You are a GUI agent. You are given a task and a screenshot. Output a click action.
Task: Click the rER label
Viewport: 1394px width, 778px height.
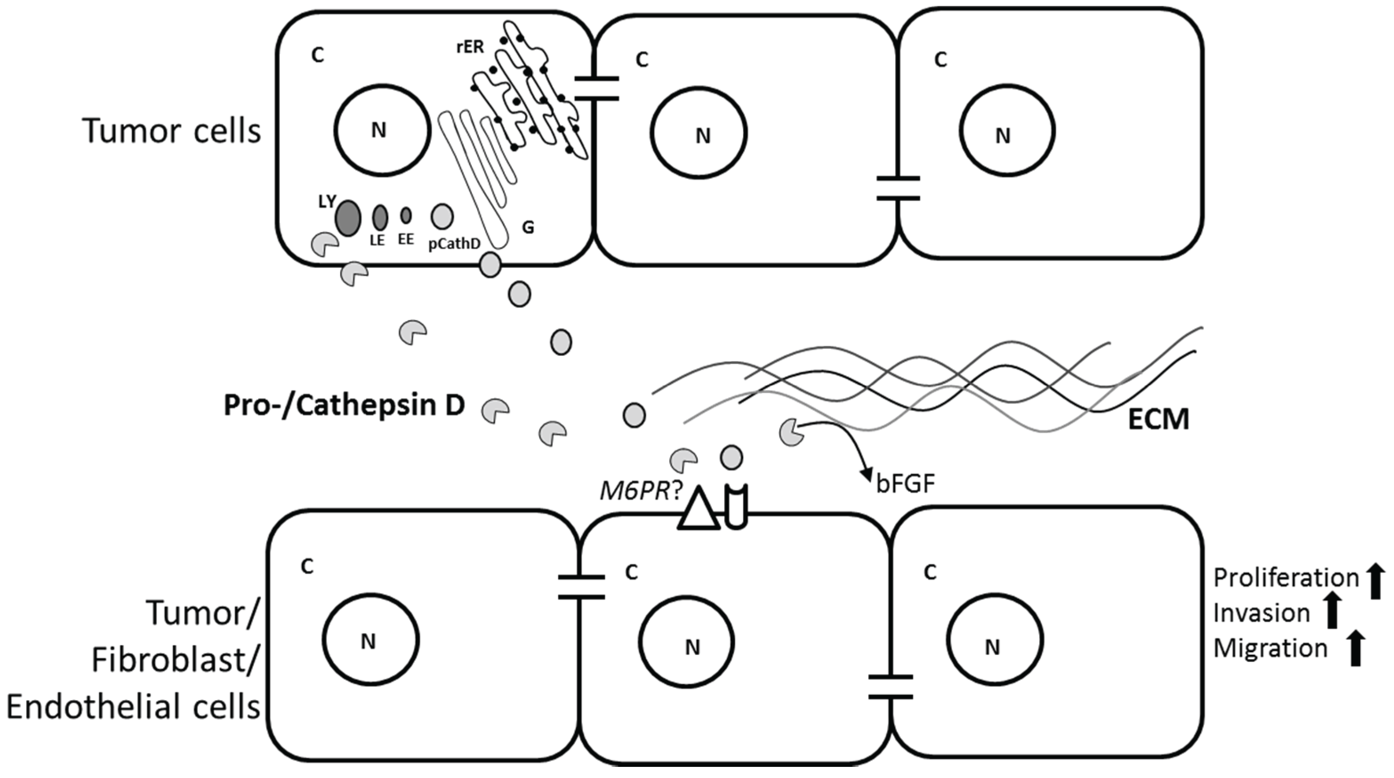click(x=469, y=48)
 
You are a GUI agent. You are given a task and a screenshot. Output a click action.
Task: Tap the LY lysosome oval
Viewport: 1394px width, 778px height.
click(x=348, y=218)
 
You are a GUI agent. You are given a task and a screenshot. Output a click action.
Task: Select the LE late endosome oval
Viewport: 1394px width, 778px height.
click(x=380, y=218)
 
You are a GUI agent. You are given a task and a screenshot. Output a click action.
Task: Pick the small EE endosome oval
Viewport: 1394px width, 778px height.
click(x=406, y=215)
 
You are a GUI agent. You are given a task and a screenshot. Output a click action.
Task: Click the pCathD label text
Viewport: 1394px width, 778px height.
click(x=454, y=244)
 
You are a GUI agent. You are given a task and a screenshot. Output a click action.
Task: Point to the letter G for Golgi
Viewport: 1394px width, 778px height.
click(x=528, y=227)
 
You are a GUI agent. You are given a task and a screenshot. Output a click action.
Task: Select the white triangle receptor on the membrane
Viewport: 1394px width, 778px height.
click(x=699, y=511)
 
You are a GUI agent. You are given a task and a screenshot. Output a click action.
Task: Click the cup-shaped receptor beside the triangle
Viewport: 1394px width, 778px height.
click(x=736, y=507)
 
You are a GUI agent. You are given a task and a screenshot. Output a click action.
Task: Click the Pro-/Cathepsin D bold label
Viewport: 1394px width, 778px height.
click(x=344, y=405)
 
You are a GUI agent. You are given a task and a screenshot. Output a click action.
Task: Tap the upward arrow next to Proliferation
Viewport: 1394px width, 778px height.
click(x=1376, y=581)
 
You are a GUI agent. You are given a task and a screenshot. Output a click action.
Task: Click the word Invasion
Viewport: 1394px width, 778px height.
click(x=1261, y=613)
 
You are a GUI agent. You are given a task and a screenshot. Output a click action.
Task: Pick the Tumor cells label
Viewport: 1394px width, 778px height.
click(x=172, y=131)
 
